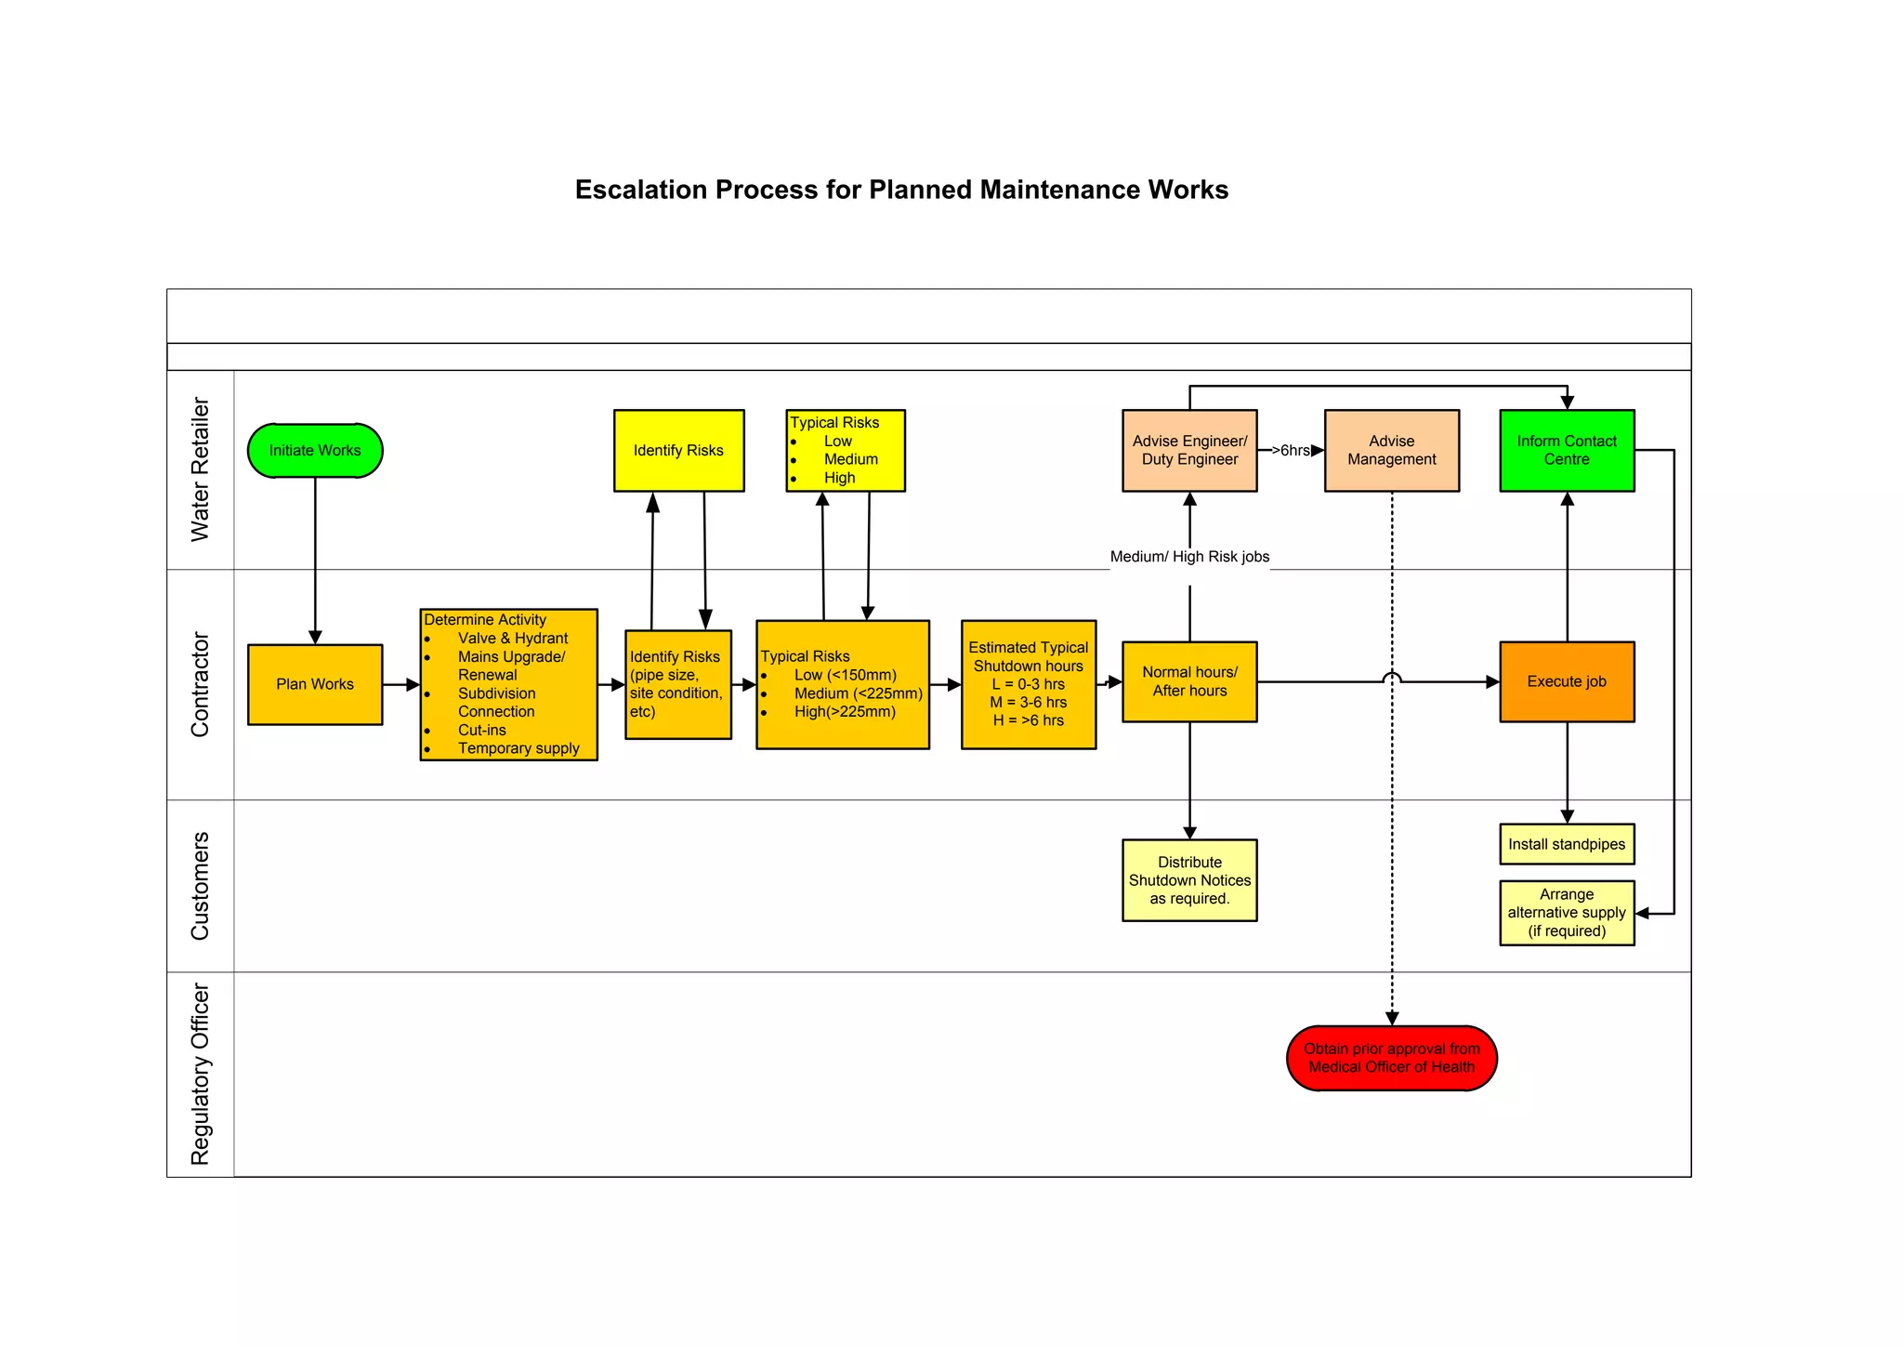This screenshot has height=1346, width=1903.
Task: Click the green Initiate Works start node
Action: coord(315,451)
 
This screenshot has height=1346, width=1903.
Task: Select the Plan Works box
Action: coord(315,684)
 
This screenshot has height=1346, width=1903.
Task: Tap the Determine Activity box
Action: coord(508,684)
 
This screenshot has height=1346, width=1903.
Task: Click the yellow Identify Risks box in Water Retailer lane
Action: coord(678,451)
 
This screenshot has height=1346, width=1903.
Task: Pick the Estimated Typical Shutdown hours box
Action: coord(1028,684)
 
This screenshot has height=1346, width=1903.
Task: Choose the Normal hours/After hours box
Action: coord(1189,681)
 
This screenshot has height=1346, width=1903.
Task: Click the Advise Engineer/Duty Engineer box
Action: coord(1189,451)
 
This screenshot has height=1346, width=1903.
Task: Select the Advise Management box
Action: coord(1391,451)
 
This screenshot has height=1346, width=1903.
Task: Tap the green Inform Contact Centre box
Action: coord(1567,451)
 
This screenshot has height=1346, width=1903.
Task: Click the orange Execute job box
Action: coord(1567,681)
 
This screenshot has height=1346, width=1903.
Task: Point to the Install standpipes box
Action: coord(1567,844)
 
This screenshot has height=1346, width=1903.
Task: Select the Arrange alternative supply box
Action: coord(1567,913)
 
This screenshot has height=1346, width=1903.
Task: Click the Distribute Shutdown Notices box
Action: coord(1189,880)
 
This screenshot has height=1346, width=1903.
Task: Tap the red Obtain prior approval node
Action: coord(1391,1058)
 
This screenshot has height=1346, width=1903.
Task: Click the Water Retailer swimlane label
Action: coord(200,469)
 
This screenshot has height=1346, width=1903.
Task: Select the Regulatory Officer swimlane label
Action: coord(200,1074)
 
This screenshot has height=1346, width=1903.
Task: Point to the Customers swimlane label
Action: coord(200,886)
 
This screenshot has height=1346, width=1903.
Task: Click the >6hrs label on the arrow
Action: coord(1291,451)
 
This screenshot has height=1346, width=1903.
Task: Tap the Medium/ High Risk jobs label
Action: coord(1189,557)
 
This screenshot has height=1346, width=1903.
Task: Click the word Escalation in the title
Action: coord(640,190)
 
